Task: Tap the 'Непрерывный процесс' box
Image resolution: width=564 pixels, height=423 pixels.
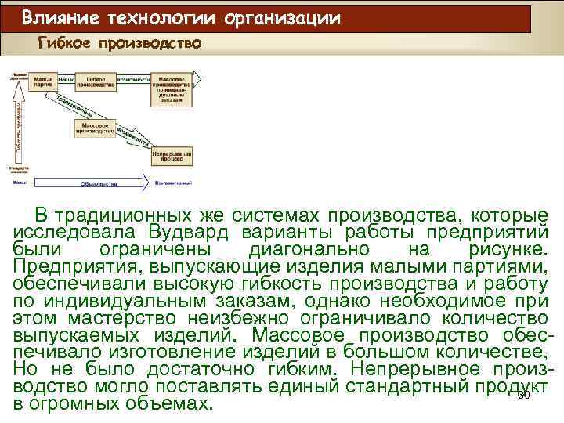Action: coord(171,157)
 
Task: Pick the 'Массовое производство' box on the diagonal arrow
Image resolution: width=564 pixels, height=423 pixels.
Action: coord(96,128)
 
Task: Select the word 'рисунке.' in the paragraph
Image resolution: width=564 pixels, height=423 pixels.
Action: coord(510,249)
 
